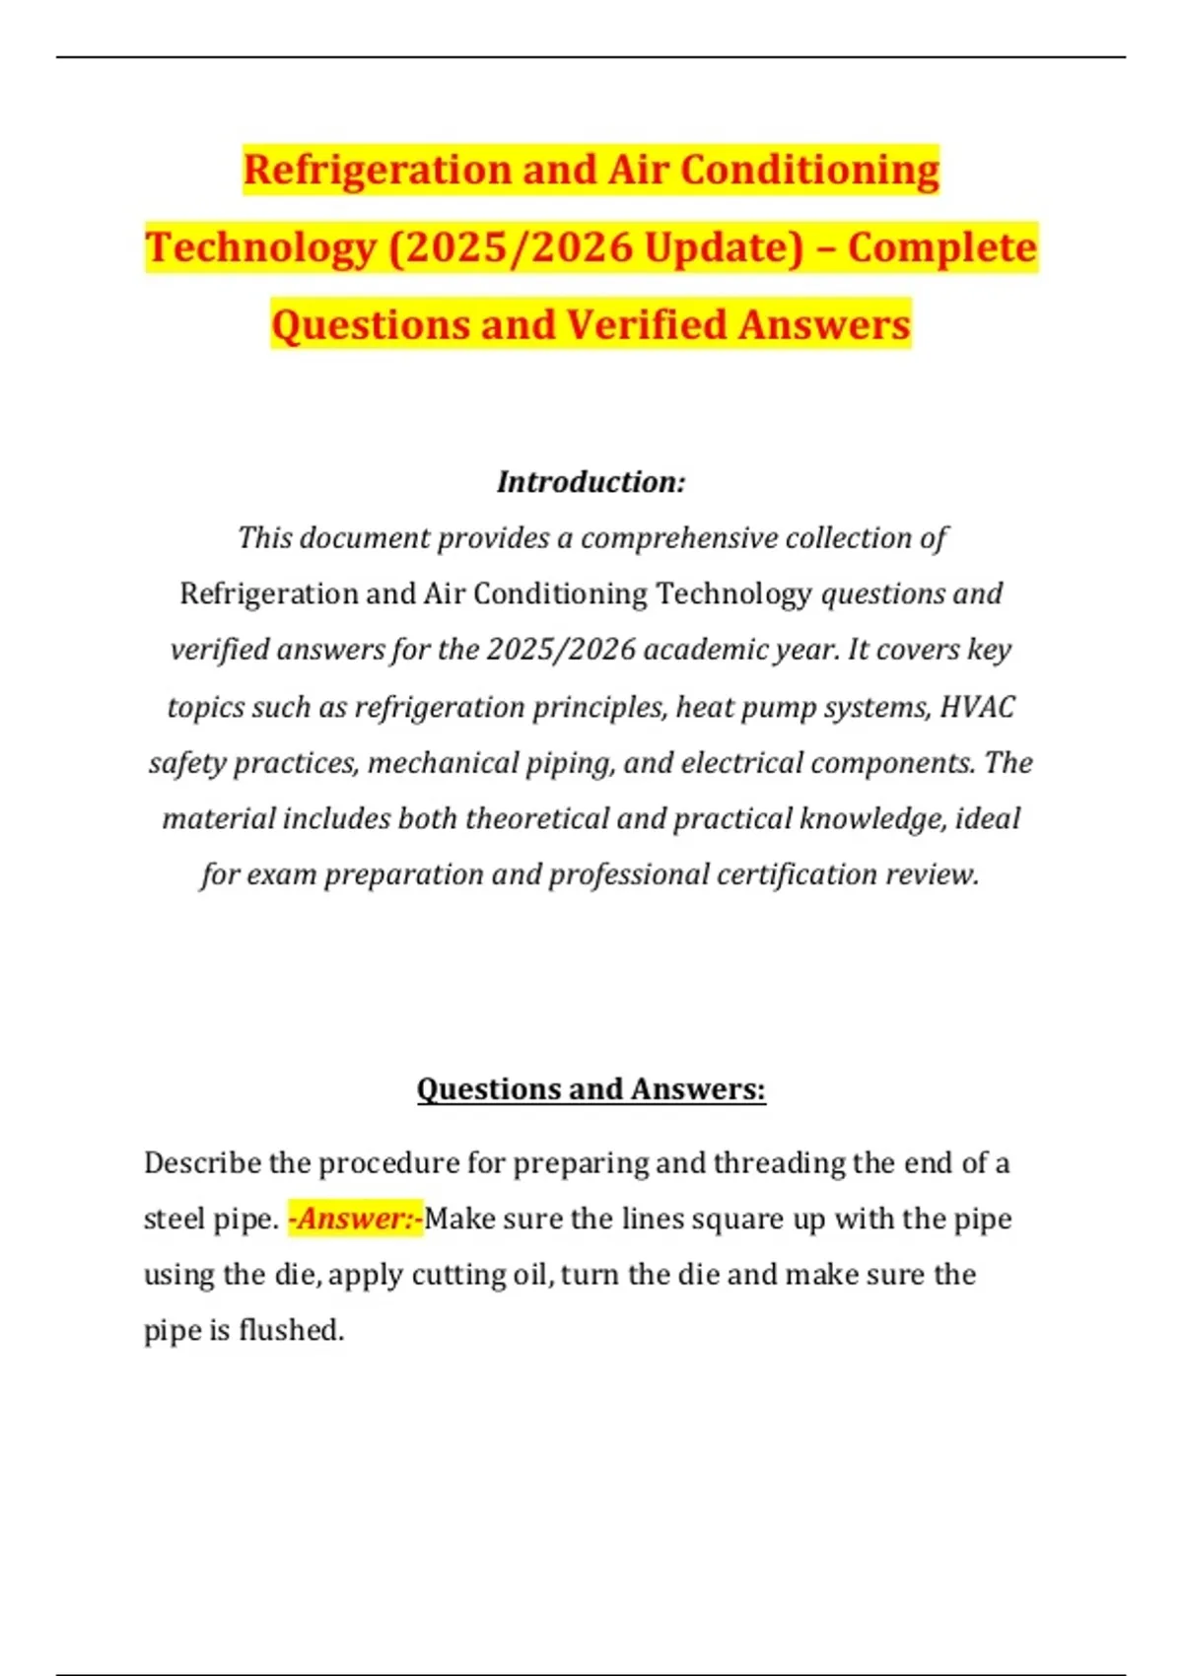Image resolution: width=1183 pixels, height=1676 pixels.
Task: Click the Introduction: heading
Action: (x=591, y=482)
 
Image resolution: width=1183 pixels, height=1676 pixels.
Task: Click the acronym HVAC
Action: (x=977, y=707)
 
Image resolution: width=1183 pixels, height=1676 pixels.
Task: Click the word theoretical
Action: (x=541, y=819)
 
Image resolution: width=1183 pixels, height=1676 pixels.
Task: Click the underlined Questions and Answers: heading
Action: (x=591, y=1089)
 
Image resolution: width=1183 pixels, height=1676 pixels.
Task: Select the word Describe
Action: (x=202, y=1163)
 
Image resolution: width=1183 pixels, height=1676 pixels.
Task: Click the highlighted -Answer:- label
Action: (x=355, y=1220)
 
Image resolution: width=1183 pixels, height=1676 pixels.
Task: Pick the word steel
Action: (x=174, y=1220)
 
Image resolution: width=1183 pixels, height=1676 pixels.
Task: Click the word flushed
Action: (x=291, y=1331)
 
